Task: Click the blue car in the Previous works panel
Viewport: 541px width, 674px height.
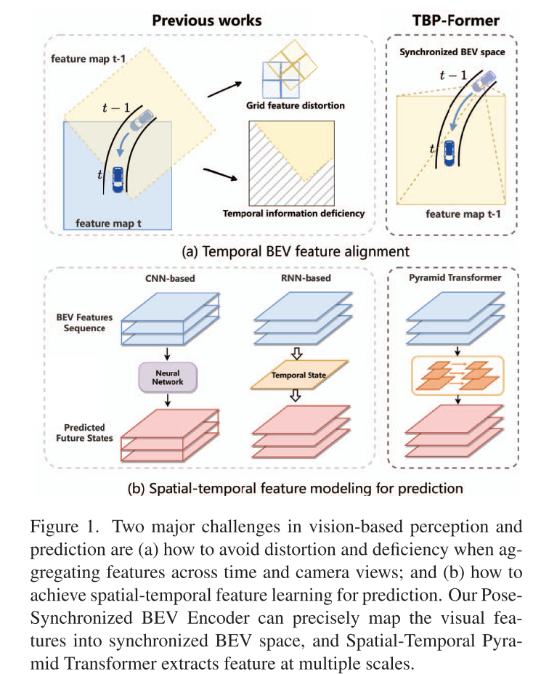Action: point(118,177)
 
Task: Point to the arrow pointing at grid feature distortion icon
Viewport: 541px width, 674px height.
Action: point(221,92)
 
